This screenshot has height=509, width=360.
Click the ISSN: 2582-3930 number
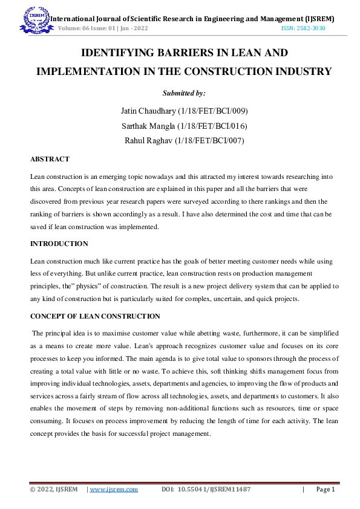click(303, 28)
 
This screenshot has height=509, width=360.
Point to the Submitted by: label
click(184, 93)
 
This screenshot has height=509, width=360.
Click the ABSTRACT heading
click(50, 159)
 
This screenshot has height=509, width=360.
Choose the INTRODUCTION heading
click(59, 244)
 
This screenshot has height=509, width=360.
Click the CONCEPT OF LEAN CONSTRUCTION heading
click(95, 316)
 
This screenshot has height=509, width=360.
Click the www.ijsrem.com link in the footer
click(114, 490)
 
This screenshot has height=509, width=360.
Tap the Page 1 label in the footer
click(325, 490)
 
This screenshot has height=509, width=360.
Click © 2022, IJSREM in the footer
click(54, 490)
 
